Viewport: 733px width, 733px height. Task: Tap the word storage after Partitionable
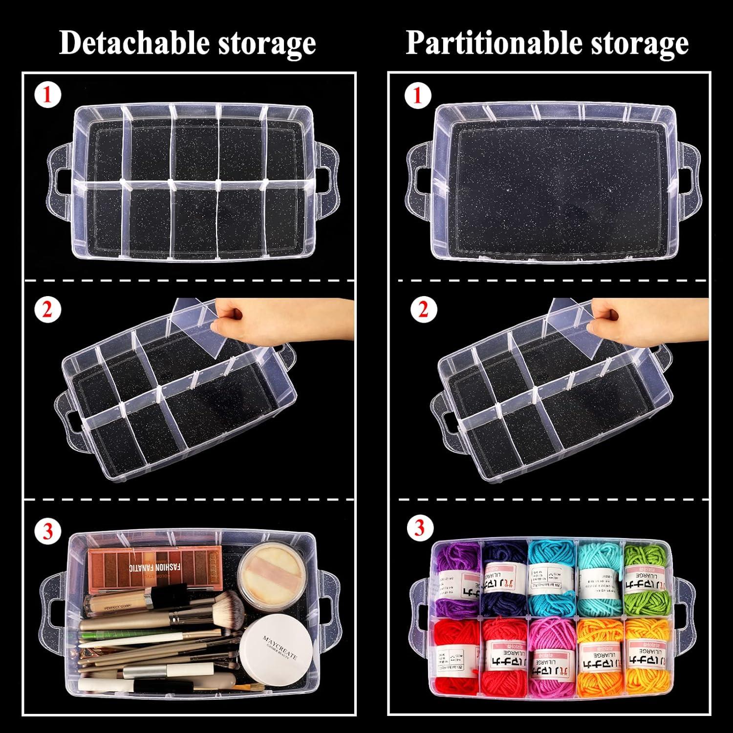tap(640, 43)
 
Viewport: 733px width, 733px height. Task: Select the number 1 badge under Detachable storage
tap(47, 95)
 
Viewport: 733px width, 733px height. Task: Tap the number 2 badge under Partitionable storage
tap(422, 310)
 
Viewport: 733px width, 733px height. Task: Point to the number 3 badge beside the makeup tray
tap(47, 531)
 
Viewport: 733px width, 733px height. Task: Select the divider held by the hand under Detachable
tap(195, 327)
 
